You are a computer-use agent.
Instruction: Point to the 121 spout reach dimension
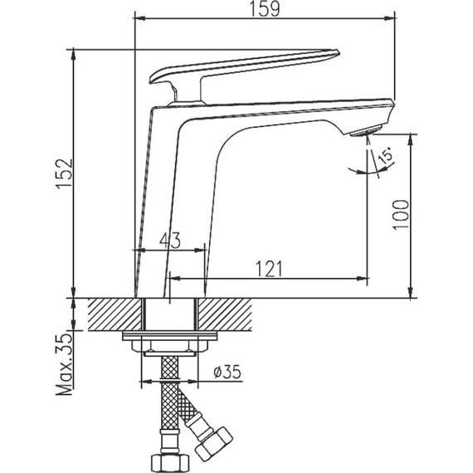click(268, 267)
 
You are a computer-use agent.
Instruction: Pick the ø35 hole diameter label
click(226, 373)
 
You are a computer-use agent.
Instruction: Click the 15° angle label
click(385, 157)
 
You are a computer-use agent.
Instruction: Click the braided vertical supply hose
click(168, 407)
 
